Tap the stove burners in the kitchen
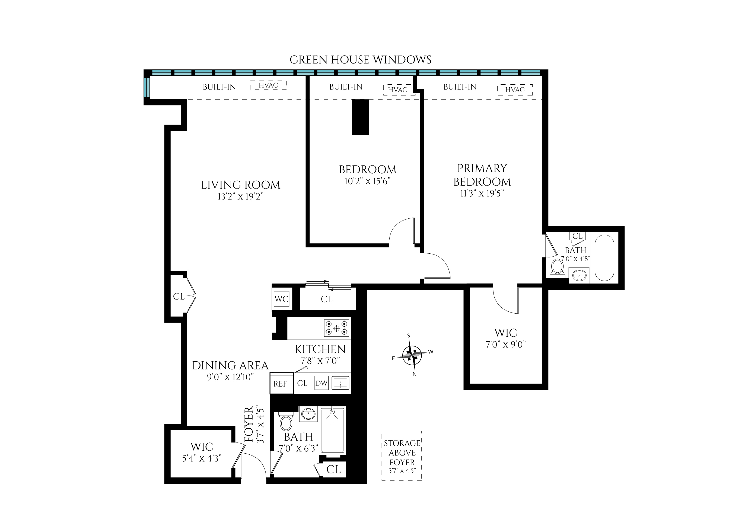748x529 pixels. point(336,328)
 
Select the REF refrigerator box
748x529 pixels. point(280,384)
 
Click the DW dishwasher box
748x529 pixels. point(321,383)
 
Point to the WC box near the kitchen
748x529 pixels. point(281,299)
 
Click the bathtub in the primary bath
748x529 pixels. point(604,258)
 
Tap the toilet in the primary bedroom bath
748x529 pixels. point(558,268)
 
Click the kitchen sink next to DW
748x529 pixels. point(340,383)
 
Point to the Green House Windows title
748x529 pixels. point(360,60)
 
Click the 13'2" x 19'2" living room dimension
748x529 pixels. point(240,197)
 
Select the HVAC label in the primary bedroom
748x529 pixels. point(515,90)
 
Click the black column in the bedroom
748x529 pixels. point(360,117)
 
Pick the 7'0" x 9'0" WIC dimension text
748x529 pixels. point(506,345)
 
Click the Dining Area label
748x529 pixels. point(230,365)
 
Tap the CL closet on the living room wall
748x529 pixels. point(179,297)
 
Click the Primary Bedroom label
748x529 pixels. point(482,175)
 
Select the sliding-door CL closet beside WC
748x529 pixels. point(326,299)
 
